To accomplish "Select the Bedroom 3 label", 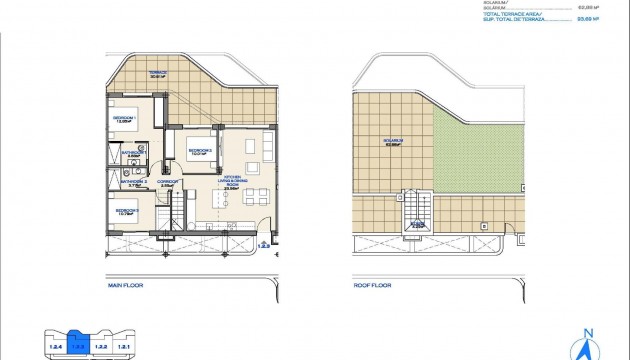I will point(126,211).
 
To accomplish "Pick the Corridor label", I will point(166,183).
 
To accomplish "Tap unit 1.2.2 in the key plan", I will point(101,345).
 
